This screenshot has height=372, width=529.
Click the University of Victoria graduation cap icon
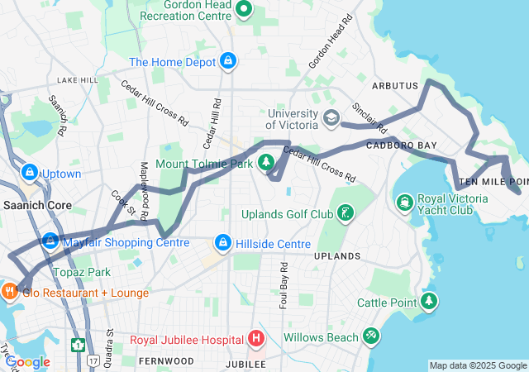[331, 117]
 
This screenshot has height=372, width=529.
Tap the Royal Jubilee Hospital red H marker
[256, 339]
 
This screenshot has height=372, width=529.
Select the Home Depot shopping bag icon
[228, 61]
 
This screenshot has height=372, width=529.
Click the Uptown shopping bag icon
[30, 173]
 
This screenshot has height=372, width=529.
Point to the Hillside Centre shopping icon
[222, 243]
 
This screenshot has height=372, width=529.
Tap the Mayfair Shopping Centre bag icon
[50, 241]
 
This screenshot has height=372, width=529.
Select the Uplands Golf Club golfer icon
[346, 214]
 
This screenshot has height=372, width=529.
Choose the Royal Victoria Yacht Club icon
[405, 202]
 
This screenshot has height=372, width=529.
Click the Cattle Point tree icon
[428, 301]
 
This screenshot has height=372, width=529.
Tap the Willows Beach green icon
[371, 336]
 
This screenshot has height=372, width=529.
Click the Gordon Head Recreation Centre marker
[243, 10]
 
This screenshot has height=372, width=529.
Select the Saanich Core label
[36, 205]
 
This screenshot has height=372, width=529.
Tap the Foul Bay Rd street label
[284, 282]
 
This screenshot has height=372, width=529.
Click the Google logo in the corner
[27, 361]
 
